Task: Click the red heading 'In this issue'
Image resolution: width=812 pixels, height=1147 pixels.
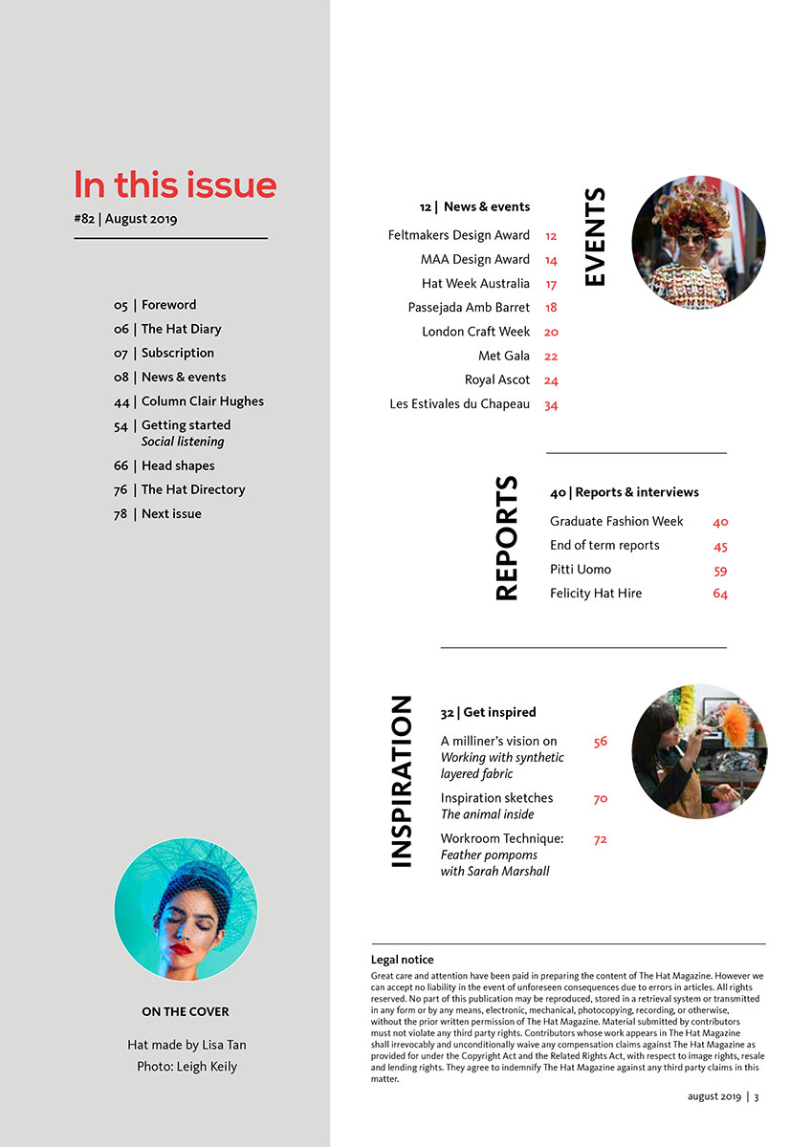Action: click(175, 184)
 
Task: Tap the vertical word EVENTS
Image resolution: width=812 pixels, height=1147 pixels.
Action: click(594, 237)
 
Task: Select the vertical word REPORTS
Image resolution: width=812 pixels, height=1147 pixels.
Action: click(507, 538)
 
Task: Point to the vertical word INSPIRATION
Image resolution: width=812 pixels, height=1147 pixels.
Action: click(402, 782)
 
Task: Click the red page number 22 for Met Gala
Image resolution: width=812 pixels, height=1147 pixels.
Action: click(551, 357)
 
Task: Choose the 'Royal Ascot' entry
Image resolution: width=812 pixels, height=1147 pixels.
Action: click(497, 380)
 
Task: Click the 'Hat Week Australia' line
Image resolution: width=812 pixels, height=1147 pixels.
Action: click(475, 284)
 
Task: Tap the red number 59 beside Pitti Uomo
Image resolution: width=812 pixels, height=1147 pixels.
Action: click(720, 571)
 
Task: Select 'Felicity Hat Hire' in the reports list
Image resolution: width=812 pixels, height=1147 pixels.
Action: click(596, 594)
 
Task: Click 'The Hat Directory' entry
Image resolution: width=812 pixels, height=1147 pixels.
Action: click(192, 489)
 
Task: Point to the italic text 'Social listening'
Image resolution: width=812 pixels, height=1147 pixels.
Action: click(183, 443)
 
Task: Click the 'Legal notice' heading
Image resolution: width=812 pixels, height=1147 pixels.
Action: click(402, 960)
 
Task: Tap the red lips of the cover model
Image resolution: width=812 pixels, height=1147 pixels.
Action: click(180, 949)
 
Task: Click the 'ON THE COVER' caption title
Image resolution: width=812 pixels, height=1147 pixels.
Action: click(186, 1011)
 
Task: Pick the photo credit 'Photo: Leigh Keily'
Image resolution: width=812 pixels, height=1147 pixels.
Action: click(187, 1067)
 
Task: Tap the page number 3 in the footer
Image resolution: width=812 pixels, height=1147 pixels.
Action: click(757, 1097)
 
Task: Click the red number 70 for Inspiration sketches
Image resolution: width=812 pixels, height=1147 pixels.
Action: click(601, 799)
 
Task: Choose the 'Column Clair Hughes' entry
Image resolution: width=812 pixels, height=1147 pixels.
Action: click(202, 401)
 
